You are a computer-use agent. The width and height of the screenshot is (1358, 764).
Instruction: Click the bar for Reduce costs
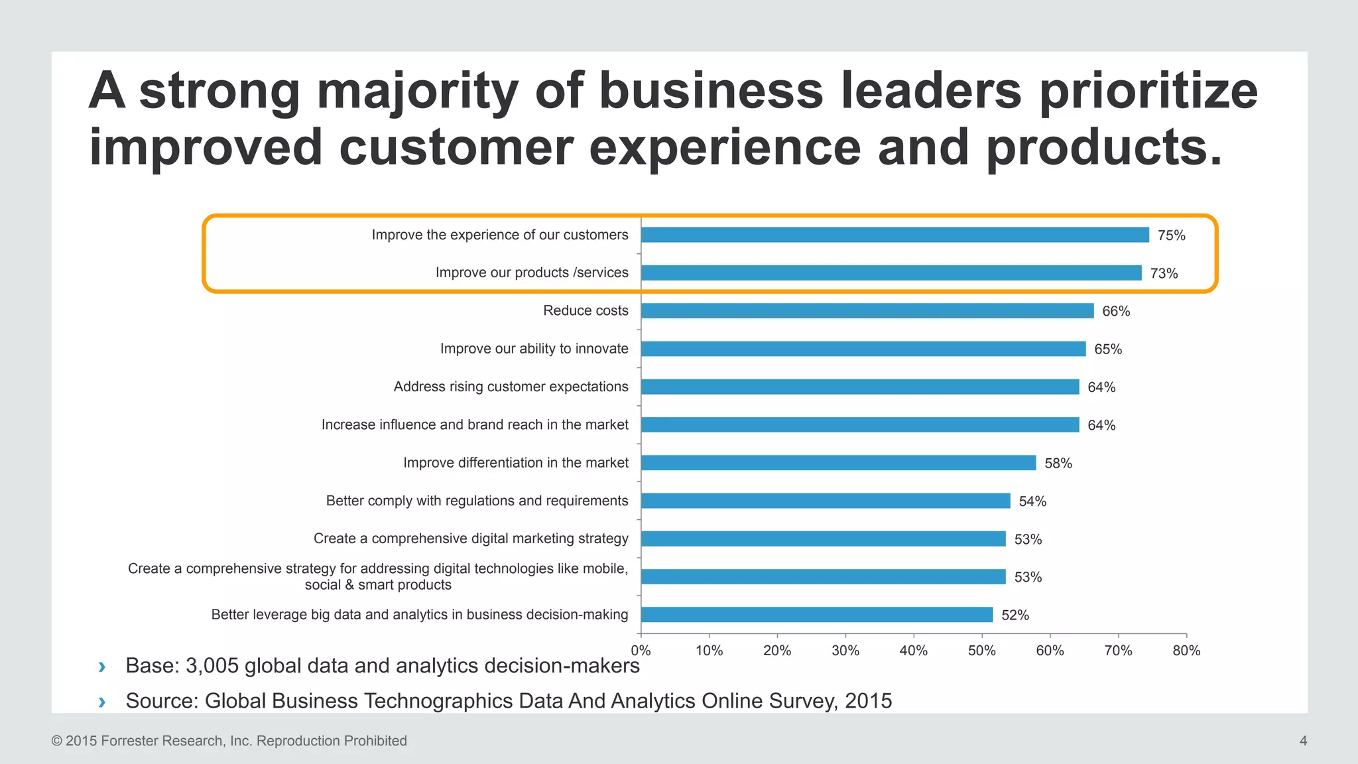867,310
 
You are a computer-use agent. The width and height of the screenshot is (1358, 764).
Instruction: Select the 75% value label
1171,235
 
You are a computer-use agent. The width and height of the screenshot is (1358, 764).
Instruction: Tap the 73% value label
1164,273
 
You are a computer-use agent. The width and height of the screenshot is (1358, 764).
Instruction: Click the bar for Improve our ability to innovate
863,349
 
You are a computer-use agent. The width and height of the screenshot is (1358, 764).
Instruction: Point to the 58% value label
1058,464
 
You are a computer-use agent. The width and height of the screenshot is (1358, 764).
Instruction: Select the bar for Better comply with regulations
826,501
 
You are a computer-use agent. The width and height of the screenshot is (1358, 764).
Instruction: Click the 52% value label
1015,615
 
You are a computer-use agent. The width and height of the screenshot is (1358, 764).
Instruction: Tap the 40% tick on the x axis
913,651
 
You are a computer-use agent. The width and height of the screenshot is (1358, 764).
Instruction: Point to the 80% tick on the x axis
1186,651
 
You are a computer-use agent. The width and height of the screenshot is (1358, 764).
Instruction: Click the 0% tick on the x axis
641,651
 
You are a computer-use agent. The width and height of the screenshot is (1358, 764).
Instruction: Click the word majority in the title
417,91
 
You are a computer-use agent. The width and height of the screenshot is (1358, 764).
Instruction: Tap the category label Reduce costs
586,310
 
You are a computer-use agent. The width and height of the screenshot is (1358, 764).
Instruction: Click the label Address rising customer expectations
511,387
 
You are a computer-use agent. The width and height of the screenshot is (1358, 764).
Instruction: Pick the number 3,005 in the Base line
212,666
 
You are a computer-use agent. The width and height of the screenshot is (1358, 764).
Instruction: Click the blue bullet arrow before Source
101,702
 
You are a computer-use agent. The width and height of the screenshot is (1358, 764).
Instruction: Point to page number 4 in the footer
1303,741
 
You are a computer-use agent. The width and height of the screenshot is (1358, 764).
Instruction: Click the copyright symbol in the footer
56,741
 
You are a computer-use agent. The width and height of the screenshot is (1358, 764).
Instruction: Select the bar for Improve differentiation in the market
838,463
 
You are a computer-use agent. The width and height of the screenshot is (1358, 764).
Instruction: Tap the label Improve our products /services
531,273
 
